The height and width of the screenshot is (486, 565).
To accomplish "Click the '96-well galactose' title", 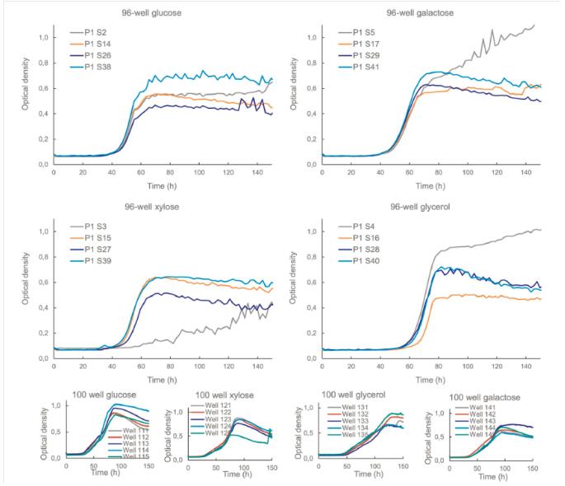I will tap(421, 12).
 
